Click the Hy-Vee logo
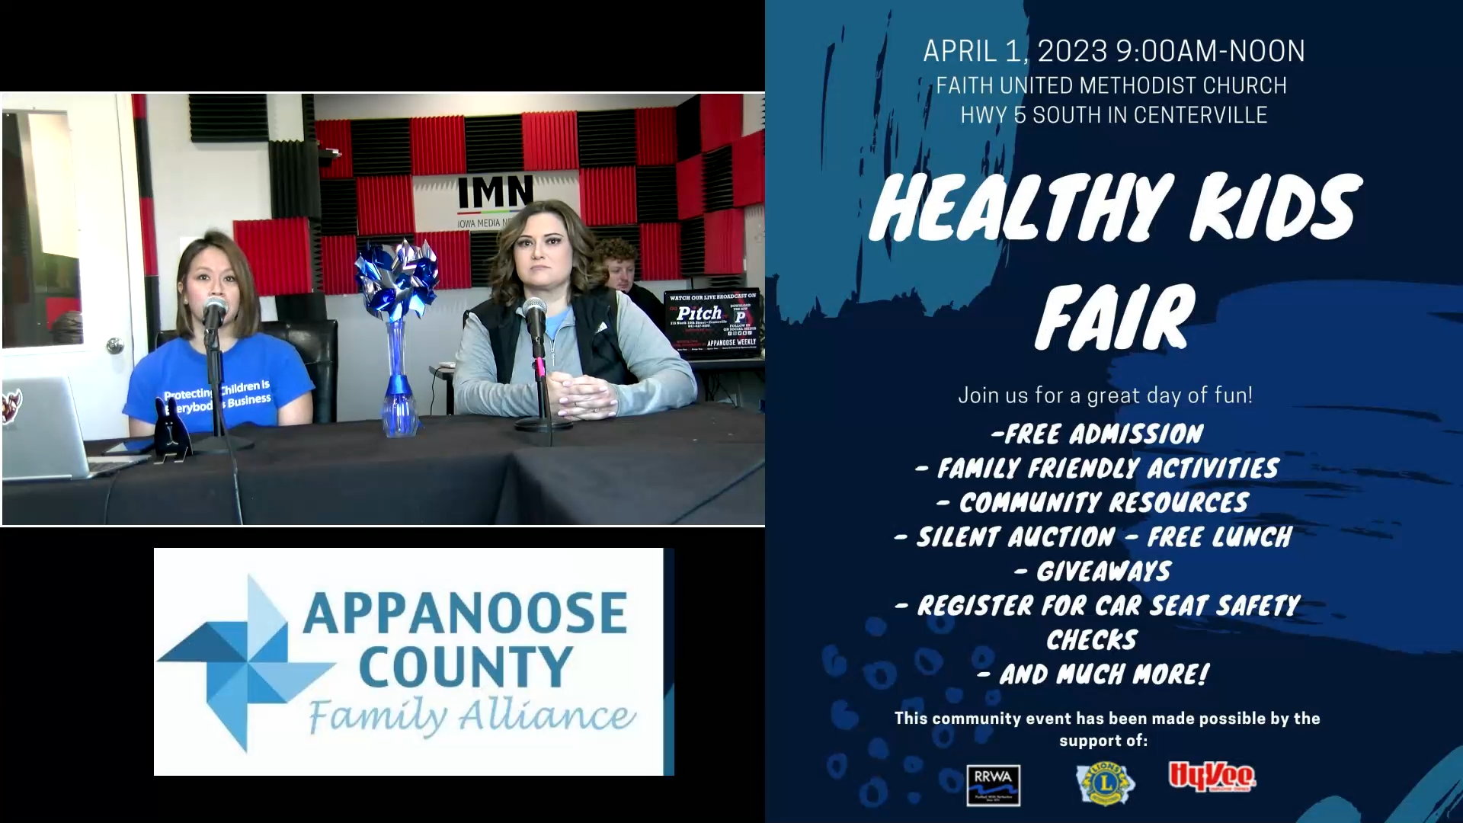[x=1212, y=777]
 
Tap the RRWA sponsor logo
[x=993, y=785]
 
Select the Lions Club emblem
[x=1106, y=783]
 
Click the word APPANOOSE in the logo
[x=465, y=613]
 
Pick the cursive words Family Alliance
[x=471, y=716]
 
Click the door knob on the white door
[x=114, y=345]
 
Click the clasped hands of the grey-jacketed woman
[x=585, y=393]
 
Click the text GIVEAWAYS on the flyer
[x=1103, y=572]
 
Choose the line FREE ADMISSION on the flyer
[x=1097, y=434]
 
